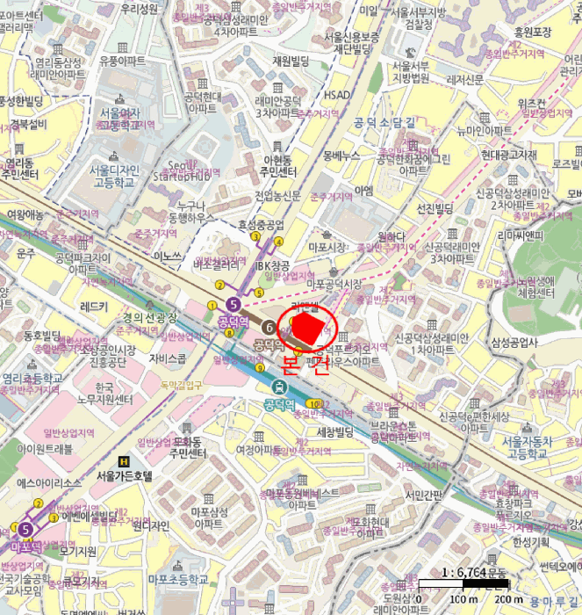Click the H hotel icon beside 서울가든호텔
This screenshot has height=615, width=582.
[x=124, y=461]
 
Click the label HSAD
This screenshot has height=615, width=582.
[x=337, y=95]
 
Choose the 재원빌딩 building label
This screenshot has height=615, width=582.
[x=292, y=61]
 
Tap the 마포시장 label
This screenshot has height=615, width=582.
[x=328, y=248]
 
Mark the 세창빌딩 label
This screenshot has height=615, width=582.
[x=334, y=431]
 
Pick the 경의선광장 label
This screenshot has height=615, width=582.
[x=149, y=317]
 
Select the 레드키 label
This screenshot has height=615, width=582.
[x=93, y=307]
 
